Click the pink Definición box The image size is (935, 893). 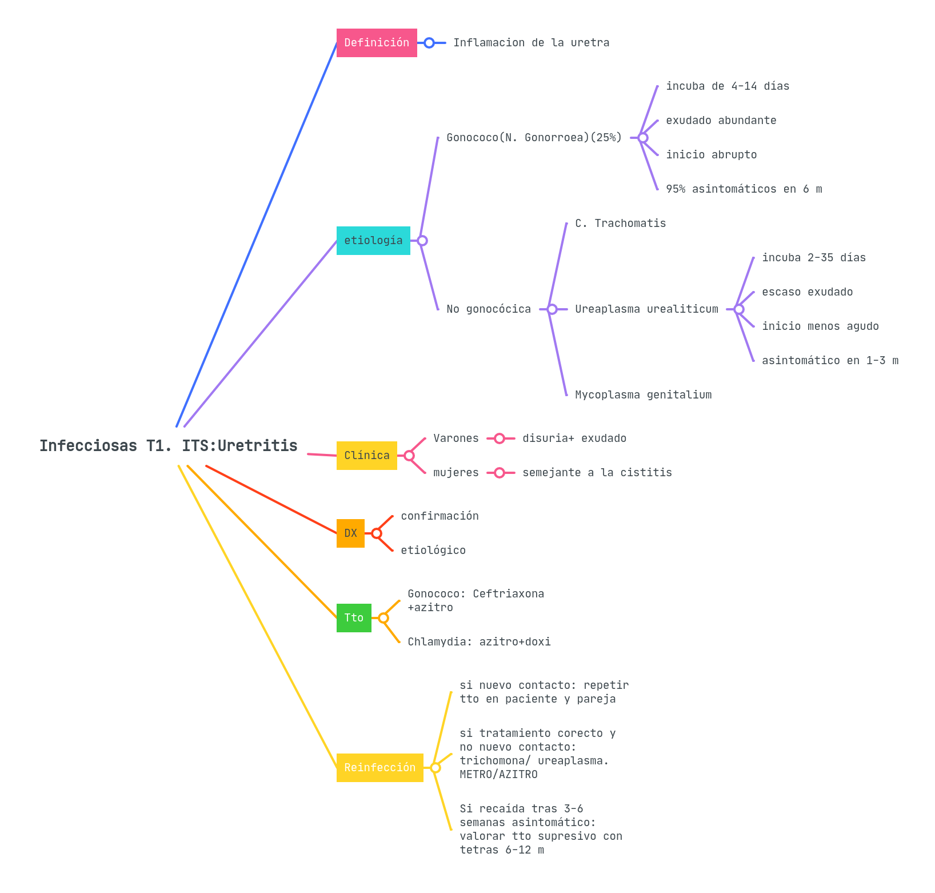click(377, 43)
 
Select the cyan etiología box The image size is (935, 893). click(373, 241)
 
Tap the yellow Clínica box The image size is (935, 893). click(366, 456)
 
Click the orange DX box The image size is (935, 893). click(350, 533)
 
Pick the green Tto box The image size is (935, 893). click(354, 618)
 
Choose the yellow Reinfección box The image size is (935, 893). click(379, 768)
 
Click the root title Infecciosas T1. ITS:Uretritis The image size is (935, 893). click(169, 446)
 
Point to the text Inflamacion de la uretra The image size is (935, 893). click(531, 43)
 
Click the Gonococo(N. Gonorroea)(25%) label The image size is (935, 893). click(534, 138)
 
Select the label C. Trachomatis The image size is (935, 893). click(620, 224)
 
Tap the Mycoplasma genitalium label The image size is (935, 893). click(643, 395)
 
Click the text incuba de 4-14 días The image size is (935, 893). click(727, 86)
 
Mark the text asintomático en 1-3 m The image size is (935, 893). click(830, 361)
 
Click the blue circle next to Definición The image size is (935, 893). click(429, 43)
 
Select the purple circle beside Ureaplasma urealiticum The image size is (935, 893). click(739, 309)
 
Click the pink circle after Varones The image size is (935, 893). click(500, 438)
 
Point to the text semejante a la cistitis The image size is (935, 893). click(597, 473)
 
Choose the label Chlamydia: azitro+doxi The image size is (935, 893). click(479, 642)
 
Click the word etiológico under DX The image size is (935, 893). click(433, 551)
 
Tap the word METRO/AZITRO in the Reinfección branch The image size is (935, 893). click(498, 775)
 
